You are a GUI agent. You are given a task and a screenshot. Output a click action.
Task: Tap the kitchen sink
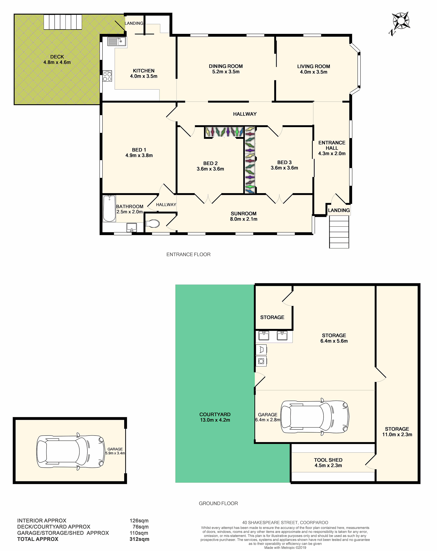(117, 41)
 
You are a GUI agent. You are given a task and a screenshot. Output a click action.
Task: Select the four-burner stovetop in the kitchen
(107, 76)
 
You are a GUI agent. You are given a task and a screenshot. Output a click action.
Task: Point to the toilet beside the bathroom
(153, 224)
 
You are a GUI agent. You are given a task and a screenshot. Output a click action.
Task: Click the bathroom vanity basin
(132, 227)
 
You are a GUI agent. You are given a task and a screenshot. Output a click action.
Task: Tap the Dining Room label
(226, 66)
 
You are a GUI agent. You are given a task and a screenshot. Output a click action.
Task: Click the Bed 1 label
(139, 150)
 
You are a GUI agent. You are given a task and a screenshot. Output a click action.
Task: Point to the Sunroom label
(244, 213)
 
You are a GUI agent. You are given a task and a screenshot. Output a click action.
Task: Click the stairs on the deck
(63, 22)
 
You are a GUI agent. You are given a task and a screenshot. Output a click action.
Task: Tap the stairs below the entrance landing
(339, 232)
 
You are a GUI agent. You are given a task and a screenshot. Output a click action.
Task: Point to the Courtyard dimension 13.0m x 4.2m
(215, 420)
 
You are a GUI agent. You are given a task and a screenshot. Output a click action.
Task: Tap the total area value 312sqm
(139, 539)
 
